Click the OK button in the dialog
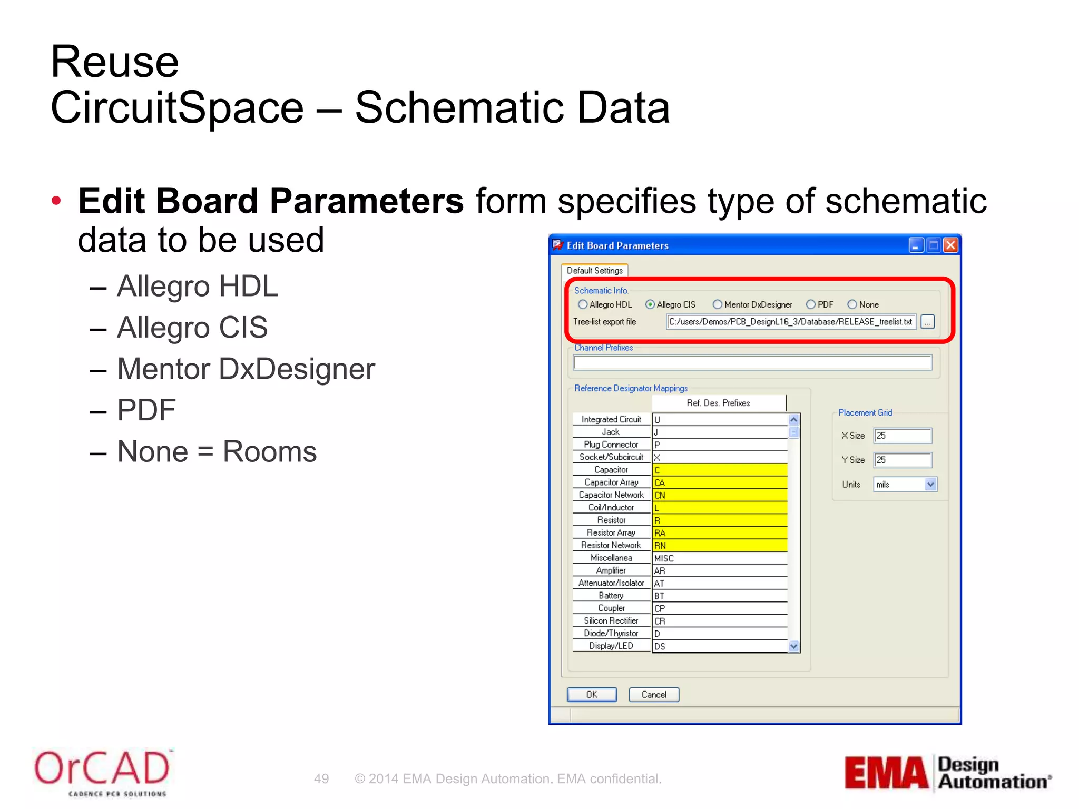click(x=591, y=695)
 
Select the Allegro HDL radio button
click(x=582, y=304)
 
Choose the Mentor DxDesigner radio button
click(x=717, y=304)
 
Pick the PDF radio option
click(x=811, y=304)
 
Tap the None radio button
click(x=852, y=304)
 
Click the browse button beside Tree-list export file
click(x=928, y=322)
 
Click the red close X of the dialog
click(x=950, y=245)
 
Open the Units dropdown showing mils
click(x=930, y=485)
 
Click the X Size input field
click(x=903, y=436)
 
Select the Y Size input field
click(x=903, y=460)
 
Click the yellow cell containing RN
click(x=720, y=546)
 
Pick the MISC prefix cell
click(x=720, y=558)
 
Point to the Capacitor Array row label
click(x=611, y=482)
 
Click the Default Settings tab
click(x=594, y=271)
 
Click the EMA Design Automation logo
click(x=947, y=773)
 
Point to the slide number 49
click(x=321, y=779)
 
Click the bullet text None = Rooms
click(x=217, y=452)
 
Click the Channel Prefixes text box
click(x=752, y=362)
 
